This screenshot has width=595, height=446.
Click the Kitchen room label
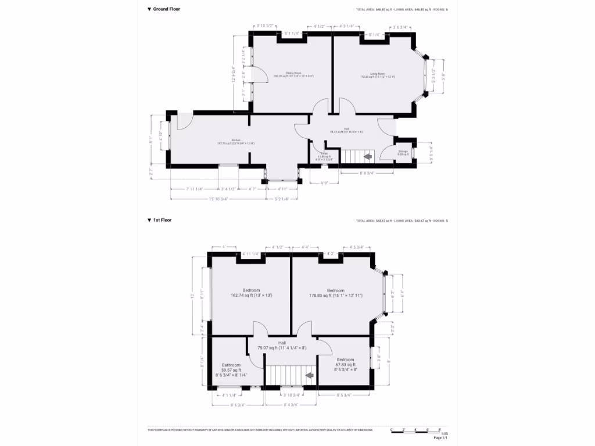click(x=236, y=141)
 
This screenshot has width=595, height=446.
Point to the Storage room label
click(x=403, y=152)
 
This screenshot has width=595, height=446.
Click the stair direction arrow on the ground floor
click(x=367, y=156)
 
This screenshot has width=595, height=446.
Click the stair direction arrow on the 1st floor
click(x=309, y=376)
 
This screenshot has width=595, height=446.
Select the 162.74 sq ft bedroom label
click(x=251, y=293)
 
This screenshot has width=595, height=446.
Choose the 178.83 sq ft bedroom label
click(x=336, y=293)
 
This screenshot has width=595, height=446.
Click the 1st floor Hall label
click(x=282, y=346)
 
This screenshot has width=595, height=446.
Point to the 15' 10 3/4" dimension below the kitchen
click(x=218, y=199)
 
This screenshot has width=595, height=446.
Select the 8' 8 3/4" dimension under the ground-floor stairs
click(x=367, y=173)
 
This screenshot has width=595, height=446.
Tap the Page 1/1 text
click(x=441, y=438)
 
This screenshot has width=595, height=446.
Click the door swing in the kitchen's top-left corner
click(x=184, y=121)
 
